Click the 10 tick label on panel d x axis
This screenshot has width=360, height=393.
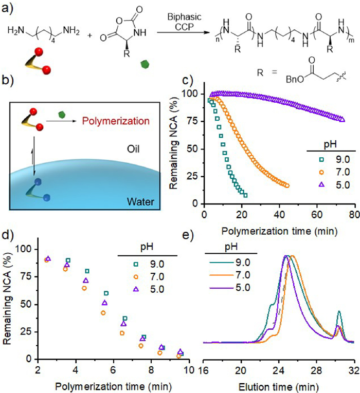189,369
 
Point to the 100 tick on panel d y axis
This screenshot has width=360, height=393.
23,249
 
